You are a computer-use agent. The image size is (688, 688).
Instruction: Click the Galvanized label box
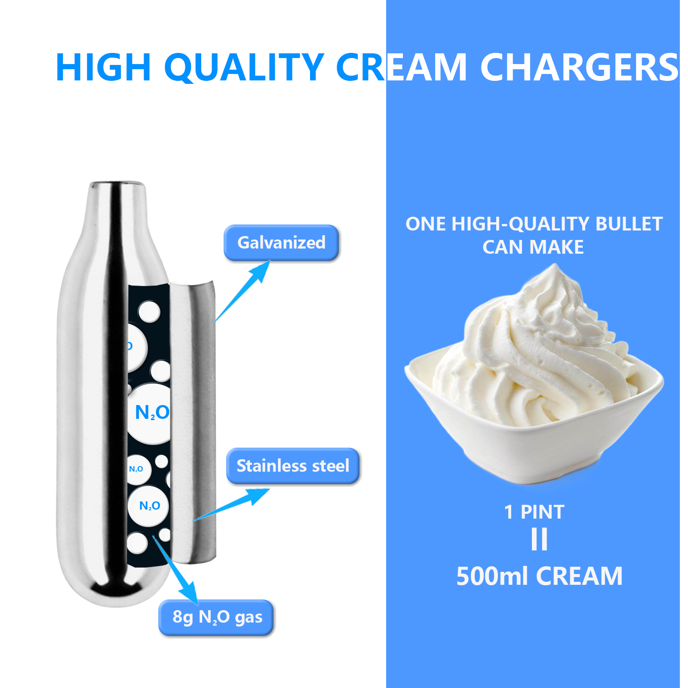tap(281, 243)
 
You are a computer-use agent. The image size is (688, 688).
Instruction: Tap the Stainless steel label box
tap(293, 466)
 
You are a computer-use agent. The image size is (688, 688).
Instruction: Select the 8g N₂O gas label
tap(216, 617)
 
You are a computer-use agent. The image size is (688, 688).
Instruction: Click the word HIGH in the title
tap(103, 67)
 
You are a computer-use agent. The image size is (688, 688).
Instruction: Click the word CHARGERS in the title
tap(579, 67)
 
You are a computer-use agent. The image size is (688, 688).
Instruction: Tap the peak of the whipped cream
tap(555, 269)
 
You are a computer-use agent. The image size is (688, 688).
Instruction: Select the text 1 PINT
tap(534, 512)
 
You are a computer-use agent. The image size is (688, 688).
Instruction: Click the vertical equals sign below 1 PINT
tap(539, 539)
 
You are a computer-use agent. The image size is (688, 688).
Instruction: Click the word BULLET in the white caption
tap(629, 224)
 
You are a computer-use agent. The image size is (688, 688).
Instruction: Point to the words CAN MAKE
tap(533, 247)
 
